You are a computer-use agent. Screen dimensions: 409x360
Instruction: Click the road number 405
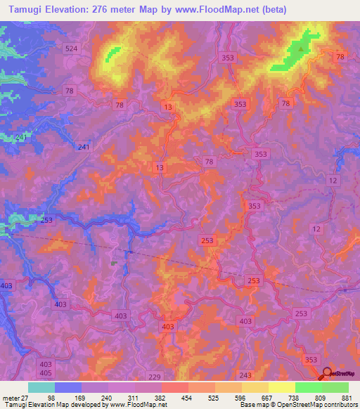46,374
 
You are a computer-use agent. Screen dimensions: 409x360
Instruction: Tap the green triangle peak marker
302,48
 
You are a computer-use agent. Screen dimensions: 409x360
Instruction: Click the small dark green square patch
113,262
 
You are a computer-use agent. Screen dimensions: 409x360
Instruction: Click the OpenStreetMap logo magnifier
327,373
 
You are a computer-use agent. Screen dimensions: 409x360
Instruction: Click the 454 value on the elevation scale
188,398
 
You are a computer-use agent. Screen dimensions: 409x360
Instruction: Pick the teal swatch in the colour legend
41,387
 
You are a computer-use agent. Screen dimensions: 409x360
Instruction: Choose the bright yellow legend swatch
282,387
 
